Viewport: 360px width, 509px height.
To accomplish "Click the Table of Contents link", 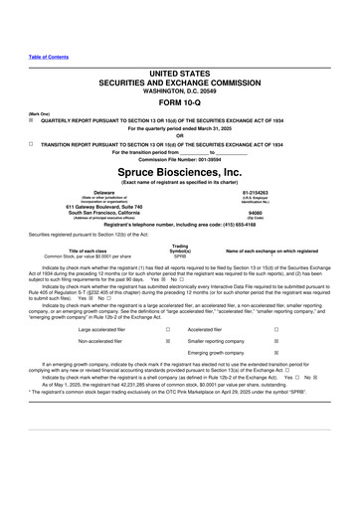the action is (49, 55).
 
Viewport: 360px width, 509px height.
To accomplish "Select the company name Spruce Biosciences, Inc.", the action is (180, 171).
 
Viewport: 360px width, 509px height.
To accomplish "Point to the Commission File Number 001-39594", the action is (180, 158).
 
